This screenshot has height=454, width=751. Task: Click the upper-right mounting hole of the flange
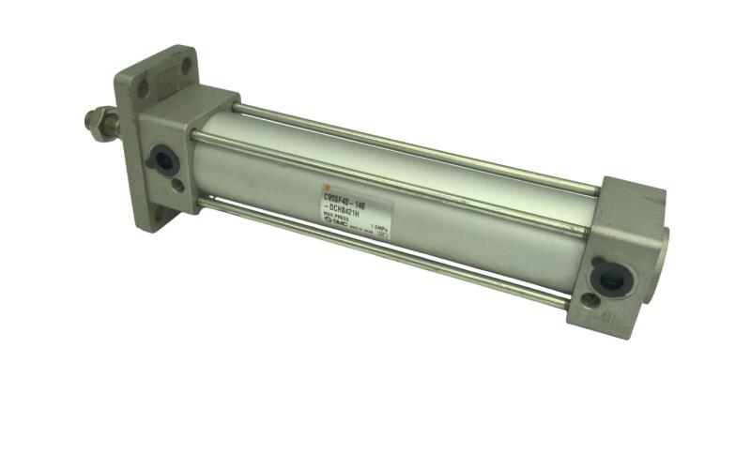tap(186, 65)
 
